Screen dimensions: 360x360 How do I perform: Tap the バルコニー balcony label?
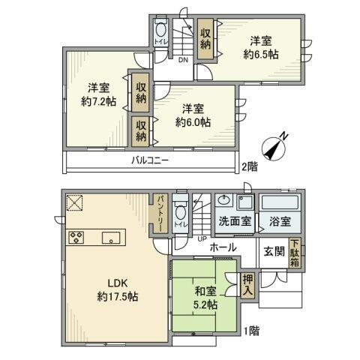[151, 160]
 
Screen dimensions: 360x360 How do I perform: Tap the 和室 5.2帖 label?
[203, 298]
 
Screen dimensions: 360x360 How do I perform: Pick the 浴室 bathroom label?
[280, 222]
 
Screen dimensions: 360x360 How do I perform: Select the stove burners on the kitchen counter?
[77, 239]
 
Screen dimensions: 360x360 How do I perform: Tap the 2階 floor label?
[248, 166]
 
